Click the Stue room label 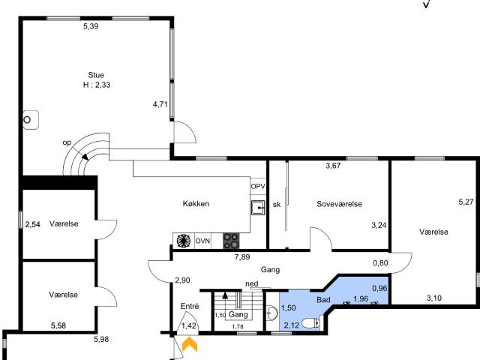pos(96,75)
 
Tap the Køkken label pos(196,203)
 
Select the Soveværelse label pos(339,204)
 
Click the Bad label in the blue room pos(323,299)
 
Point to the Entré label pos(190,306)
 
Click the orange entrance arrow pos(190,343)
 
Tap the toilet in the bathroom pos(310,323)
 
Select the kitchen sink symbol pos(258,208)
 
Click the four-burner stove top pos(231,241)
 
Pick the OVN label pos(202,241)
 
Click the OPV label pos(258,187)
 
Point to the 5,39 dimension pos(91,26)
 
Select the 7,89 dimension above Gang pos(242,256)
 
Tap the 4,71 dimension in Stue pos(160,104)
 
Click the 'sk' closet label pos(277,205)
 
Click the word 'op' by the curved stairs pos(67,142)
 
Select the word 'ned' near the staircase pos(252,283)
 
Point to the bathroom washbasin pos(271,313)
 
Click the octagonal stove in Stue pos(31,120)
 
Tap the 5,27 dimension pos(466,202)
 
